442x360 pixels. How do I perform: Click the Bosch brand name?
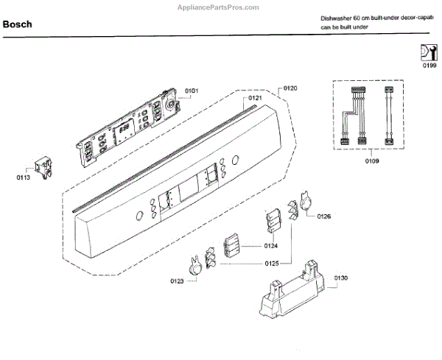pos(17,24)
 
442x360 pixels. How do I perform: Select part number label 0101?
pos(192,91)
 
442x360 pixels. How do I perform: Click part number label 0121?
pos(255,98)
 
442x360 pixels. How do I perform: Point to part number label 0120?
pos(290,88)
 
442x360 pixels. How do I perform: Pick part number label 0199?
pos(429,66)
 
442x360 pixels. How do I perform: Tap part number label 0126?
pos(324,216)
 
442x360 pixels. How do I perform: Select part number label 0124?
pos(271,246)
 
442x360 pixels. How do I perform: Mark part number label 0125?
pos(271,263)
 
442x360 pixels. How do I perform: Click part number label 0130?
pos(340,278)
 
